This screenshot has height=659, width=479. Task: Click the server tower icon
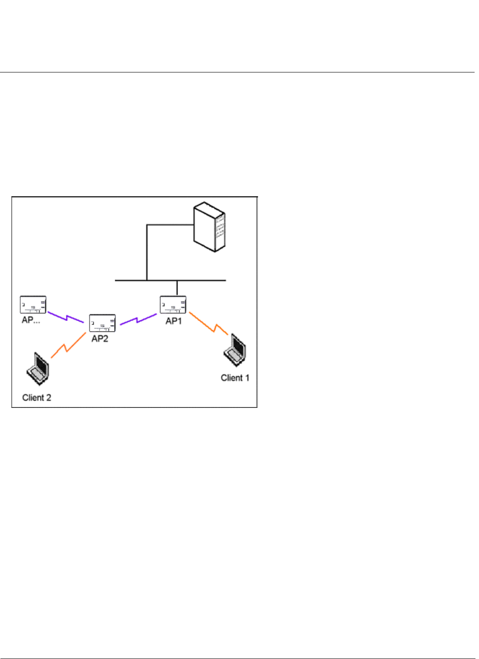pyautogui.click(x=210, y=227)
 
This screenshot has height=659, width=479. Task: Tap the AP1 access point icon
pyautogui.click(x=173, y=305)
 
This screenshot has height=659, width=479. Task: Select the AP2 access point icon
pyautogui.click(x=102, y=323)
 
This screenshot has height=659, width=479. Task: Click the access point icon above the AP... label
pyautogui.click(x=33, y=305)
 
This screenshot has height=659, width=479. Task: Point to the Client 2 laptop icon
pyautogui.click(x=38, y=369)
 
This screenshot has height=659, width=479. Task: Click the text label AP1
pyautogui.click(x=174, y=321)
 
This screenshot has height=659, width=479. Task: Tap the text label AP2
pyautogui.click(x=100, y=339)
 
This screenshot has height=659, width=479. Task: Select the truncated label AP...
pyautogui.click(x=31, y=320)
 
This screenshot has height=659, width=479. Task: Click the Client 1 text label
pyautogui.click(x=235, y=378)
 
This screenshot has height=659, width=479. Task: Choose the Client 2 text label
pyautogui.click(x=36, y=398)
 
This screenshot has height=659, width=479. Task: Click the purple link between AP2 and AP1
pyautogui.click(x=138, y=320)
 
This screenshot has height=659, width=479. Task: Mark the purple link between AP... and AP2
pyautogui.click(x=66, y=317)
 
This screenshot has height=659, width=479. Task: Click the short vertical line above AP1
pyautogui.click(x=177, y=288)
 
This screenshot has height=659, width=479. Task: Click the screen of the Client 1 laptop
pyautogui.click(x=239, y=347)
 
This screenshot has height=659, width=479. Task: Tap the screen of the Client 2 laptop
pyautogui.click(x=41, y=365)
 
